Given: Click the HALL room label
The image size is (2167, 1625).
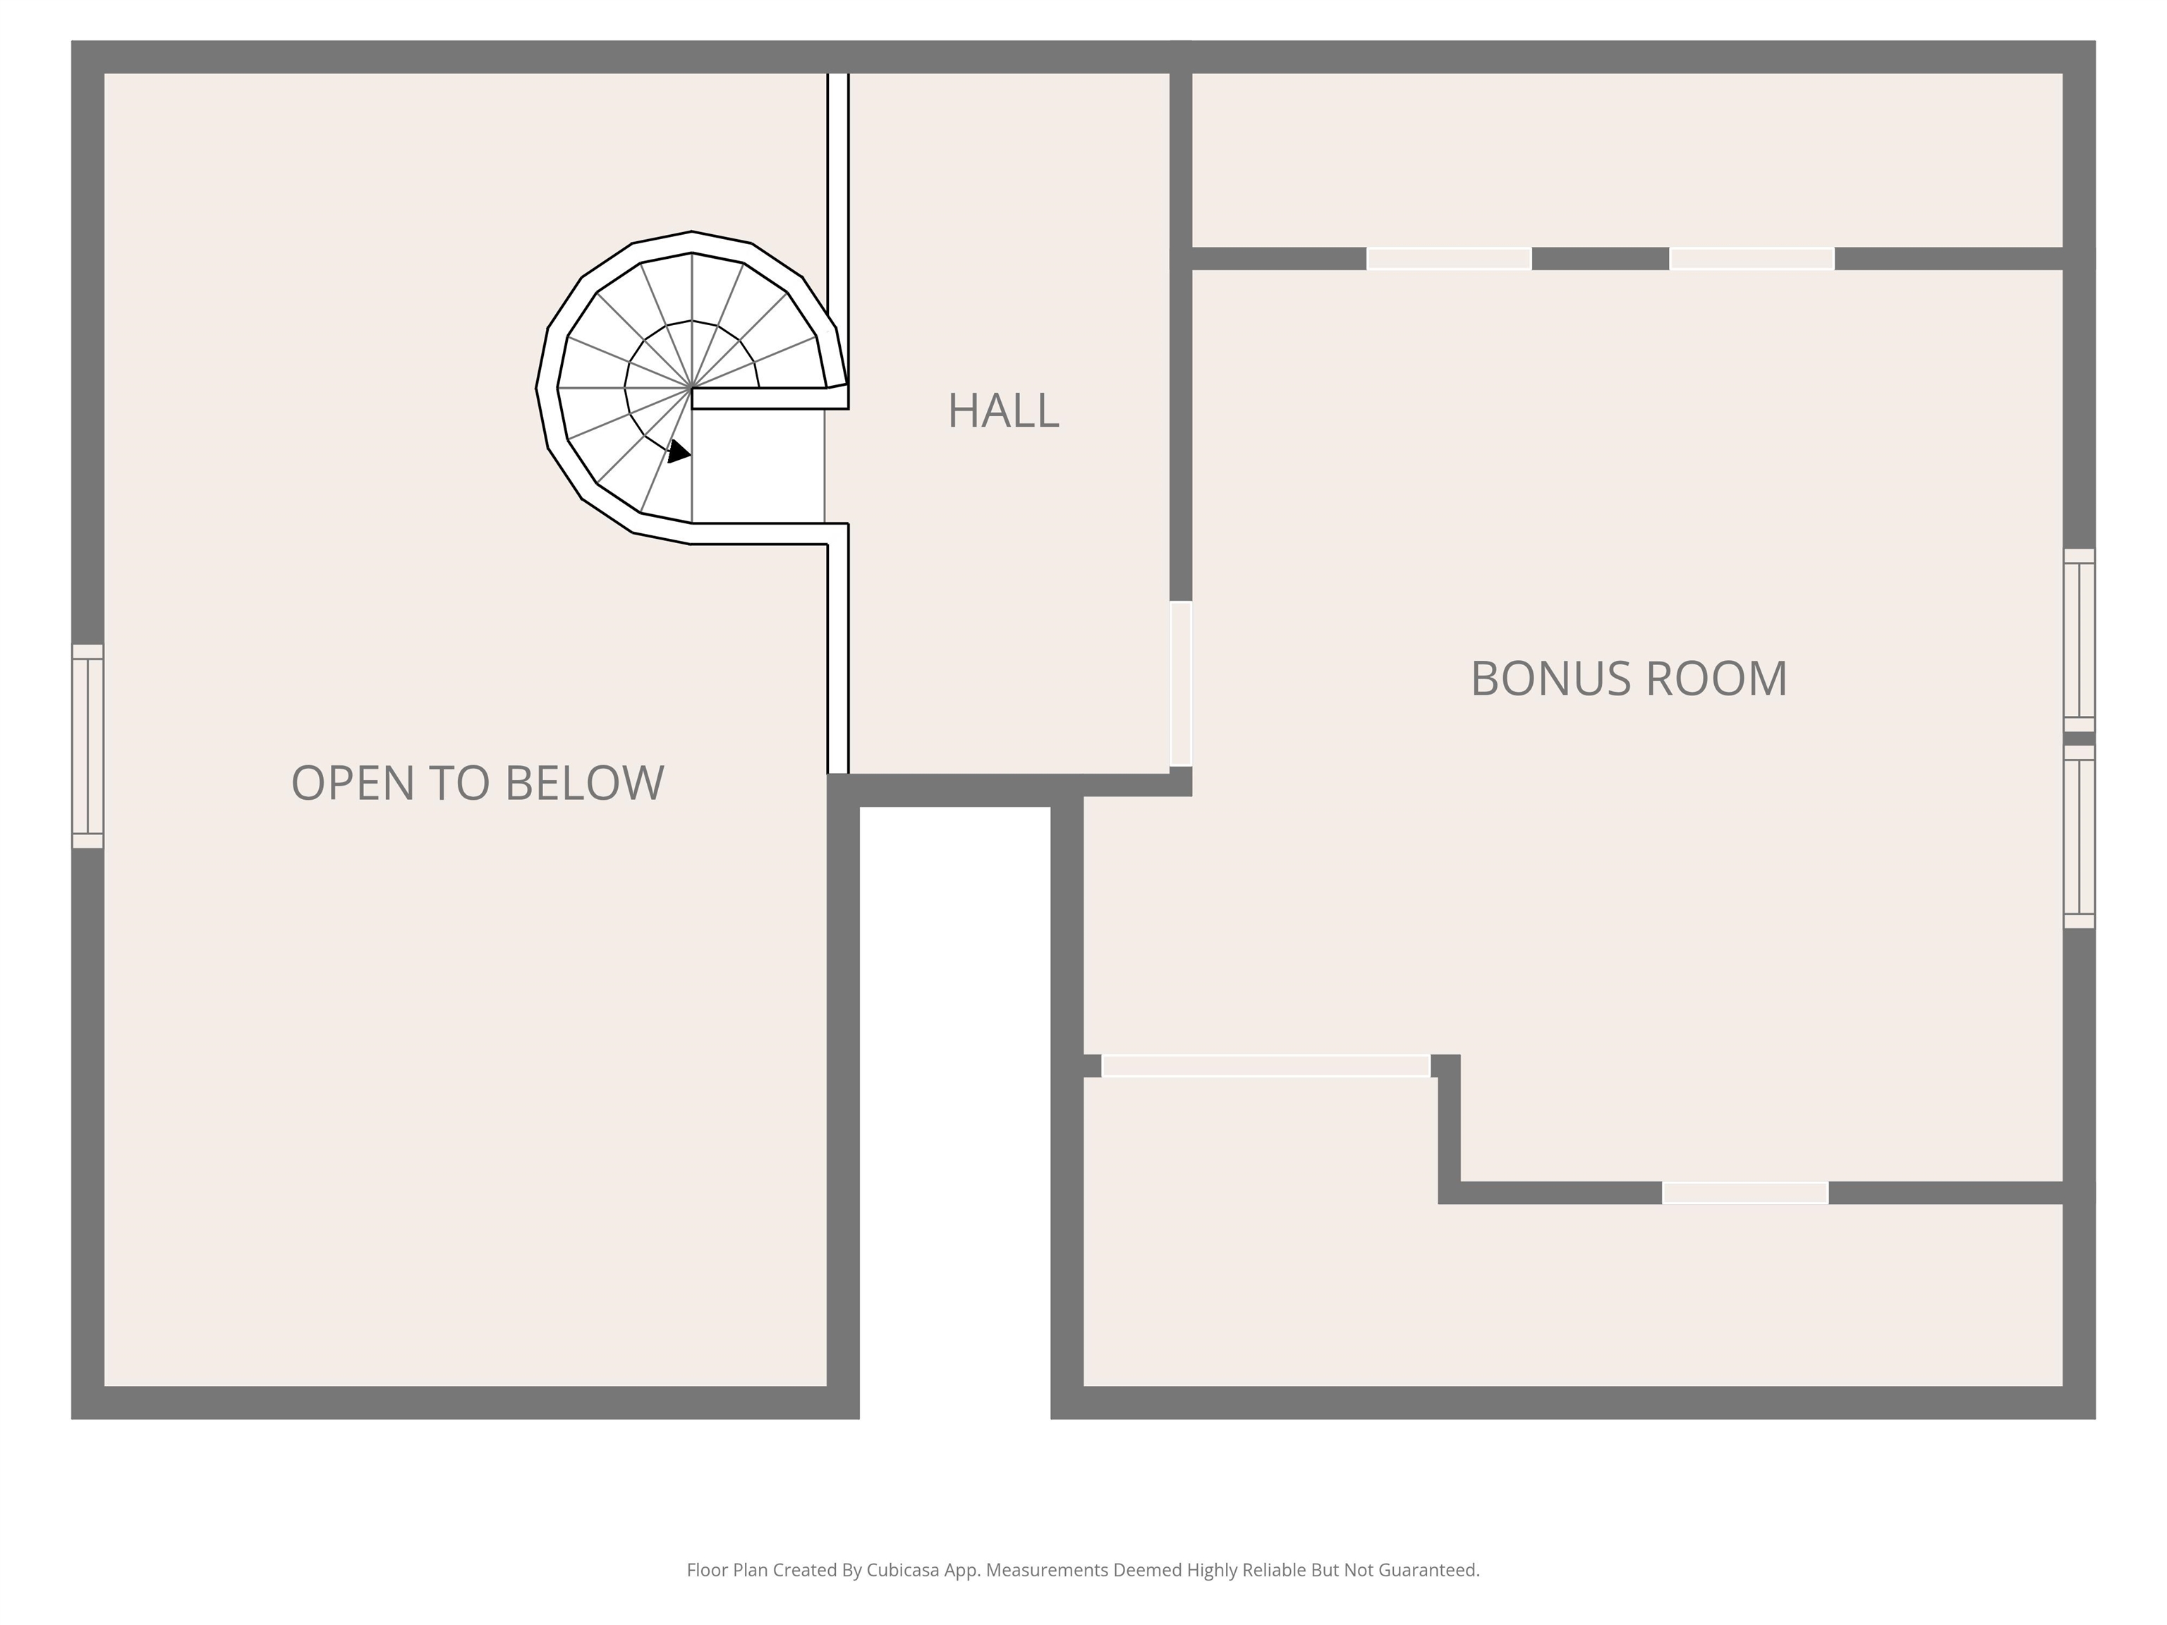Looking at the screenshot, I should (x=1002, y=410).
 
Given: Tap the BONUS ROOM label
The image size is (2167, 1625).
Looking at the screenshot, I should (x=1628, y=678).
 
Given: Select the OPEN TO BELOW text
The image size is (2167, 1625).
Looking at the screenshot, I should (x=477, y=783).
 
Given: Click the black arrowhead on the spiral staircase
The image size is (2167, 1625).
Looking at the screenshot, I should (x=678, y=451).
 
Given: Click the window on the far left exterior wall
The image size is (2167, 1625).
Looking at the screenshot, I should (x=87, y=745).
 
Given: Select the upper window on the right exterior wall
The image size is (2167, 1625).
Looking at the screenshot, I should (x=2078, y=640).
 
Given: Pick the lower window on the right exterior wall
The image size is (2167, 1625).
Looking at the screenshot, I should (x=2078, y=836).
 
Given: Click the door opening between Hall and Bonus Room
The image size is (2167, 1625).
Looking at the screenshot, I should (x=1180, y=683).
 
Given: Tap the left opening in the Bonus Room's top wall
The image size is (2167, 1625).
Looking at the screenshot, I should (x=1448, y=259).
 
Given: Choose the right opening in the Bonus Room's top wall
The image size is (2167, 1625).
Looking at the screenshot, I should (x=1751, y=259).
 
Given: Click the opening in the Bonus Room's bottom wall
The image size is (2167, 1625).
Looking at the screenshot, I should (x=1744, y=1192).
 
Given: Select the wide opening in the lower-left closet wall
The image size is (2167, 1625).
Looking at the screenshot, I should (x=1265, y=1066).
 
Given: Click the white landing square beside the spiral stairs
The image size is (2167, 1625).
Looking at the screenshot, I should (x=758, y=466).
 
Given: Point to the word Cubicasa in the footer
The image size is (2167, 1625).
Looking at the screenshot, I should (x=902, y=1570).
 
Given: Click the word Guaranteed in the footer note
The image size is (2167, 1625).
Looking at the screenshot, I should (x=1428, y=1570).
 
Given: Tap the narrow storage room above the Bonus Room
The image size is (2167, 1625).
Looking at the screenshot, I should (x=1626, y=159).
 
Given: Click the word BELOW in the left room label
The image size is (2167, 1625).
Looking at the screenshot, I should (x=584, y=783).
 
